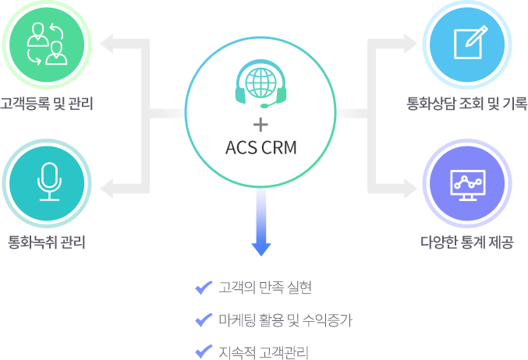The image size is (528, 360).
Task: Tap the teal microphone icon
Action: (48, 182)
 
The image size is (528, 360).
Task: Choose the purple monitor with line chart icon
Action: (468, 183)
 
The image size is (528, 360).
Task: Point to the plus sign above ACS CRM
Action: (260, 125)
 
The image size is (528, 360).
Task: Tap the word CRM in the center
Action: (278, 148)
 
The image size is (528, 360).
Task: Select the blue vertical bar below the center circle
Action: (261, 223)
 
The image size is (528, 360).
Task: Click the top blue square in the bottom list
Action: (204, 288)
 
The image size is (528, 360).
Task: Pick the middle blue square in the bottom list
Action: (204, 319)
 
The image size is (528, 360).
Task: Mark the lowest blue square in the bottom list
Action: (204, 351)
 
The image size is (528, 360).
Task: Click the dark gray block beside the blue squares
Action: (285, 319)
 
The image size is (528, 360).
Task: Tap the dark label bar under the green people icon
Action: (46, 104)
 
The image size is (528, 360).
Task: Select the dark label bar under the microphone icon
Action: (46, 242)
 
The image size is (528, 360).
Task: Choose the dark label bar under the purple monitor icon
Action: (467, 242)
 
